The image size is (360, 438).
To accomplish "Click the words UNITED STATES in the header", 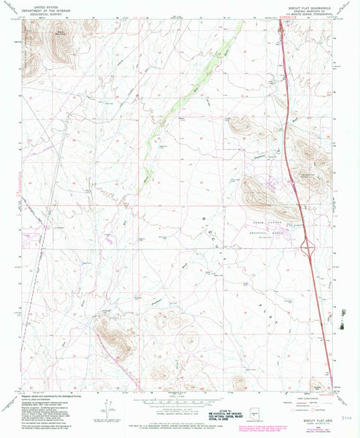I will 41,4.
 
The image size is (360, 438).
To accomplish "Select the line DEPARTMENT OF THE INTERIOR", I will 41,7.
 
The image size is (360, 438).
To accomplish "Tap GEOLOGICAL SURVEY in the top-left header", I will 41,11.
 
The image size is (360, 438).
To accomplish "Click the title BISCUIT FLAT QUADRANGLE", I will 306,4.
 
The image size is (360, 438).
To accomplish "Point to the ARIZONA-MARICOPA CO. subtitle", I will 306,8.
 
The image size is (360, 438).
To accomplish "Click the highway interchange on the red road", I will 307,249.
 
